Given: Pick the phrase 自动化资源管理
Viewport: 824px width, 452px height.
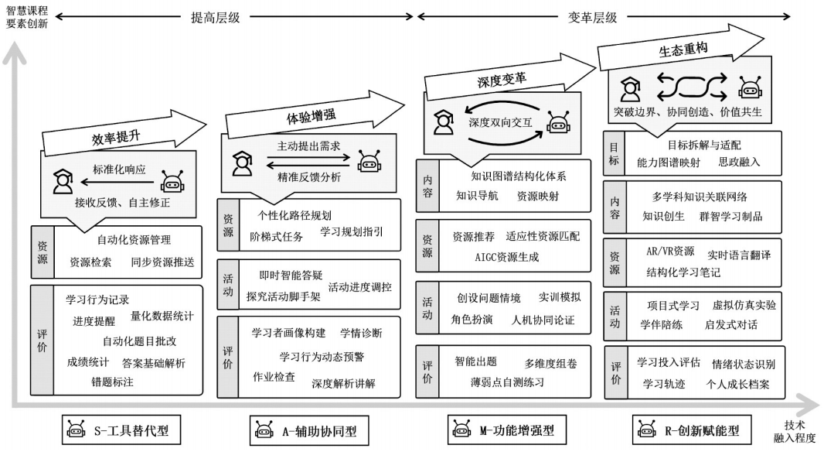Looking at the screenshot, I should [x=134, y=240].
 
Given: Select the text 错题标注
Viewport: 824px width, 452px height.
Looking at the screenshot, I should [x=112, y=382].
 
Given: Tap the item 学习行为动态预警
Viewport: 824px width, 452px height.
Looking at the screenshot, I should [x=321, y=356].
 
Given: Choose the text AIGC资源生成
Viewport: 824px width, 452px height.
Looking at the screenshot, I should [x=506, y=256].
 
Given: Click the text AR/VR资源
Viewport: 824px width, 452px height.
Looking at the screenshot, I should [x=669, y=251].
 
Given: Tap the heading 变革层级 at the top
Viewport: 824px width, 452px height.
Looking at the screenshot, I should [x=593, y=17].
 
